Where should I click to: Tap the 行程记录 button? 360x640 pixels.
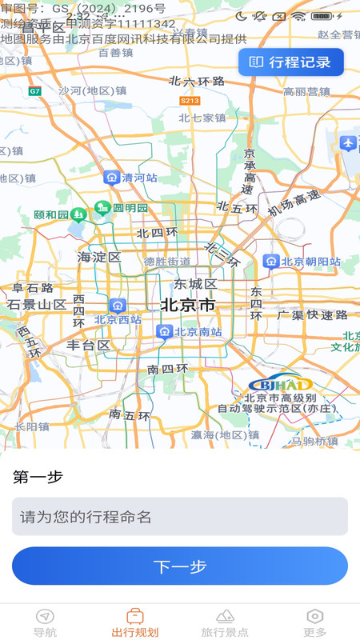click(x=291, y=62)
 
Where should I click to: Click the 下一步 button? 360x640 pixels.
click(x=180, y=566)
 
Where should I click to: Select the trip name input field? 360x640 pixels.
click(x=180, y=516)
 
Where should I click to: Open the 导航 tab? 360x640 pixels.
click(x=46, y=622)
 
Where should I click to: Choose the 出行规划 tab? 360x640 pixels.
click(x=135, y=622)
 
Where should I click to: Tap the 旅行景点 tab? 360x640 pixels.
click(x=225, y=622)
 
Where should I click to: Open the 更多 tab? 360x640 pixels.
click(x=315, y=622)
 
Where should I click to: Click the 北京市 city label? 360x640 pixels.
click(x=188, y=305)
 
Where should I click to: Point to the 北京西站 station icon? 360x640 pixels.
click(x=118, y=305)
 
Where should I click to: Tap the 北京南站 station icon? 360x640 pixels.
click(x=164, y=332)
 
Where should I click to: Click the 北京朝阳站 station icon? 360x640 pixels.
click(x=271, y=262)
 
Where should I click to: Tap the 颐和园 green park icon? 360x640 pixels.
click(x=78, y=214)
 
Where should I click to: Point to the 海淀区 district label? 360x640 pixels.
click(x=98, y=257)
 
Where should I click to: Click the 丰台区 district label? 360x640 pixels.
click(x=88, y=345)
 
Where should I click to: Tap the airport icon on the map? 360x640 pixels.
click(x=347, y=143)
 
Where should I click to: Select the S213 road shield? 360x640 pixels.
click(x=190, y=101)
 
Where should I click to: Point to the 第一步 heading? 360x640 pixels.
click(x=38, y=477)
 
